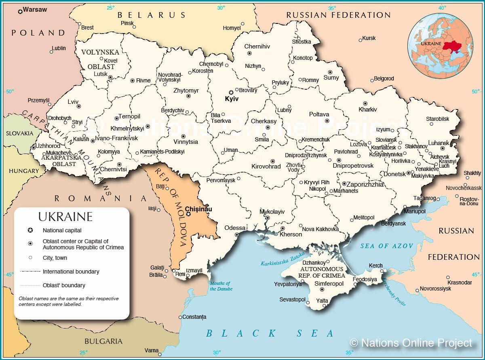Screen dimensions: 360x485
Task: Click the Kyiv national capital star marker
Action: click(x=231, y=92)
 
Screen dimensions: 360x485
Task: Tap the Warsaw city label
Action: click(x=35, y=9)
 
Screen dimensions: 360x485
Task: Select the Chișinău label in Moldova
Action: click(x=198, y=209)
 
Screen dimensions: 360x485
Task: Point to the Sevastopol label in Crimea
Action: click(x=292, y=299)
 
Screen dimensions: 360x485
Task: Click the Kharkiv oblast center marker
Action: click(x=365, y=103)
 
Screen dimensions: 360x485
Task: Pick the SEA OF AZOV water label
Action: click(x=387, y=246)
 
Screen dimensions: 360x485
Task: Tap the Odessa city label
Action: click(x=235, y=227)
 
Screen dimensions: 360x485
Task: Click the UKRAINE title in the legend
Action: click(x=65, y=217)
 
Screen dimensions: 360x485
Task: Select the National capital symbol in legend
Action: click(x=30, y=230)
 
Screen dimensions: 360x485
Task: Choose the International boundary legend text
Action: click(x=71, y=272)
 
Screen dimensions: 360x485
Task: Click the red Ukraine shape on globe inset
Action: click(x=452, y=45)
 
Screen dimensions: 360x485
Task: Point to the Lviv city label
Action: click(x=73, y=102)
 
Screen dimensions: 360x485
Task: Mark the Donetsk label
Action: click(x=394, y=174)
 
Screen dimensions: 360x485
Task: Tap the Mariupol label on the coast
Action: click(x=415, y=211)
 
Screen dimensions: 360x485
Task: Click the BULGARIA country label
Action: click(x=103, y=341)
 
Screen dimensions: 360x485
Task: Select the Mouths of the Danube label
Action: click(x=220, y=286)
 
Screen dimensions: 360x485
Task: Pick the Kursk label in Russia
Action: click(x=369, y=38)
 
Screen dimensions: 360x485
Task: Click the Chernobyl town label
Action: click(x=211, y=64)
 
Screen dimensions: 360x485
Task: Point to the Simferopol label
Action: click(x=329, y=284)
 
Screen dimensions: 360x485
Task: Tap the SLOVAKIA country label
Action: click(x=19, y=133)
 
